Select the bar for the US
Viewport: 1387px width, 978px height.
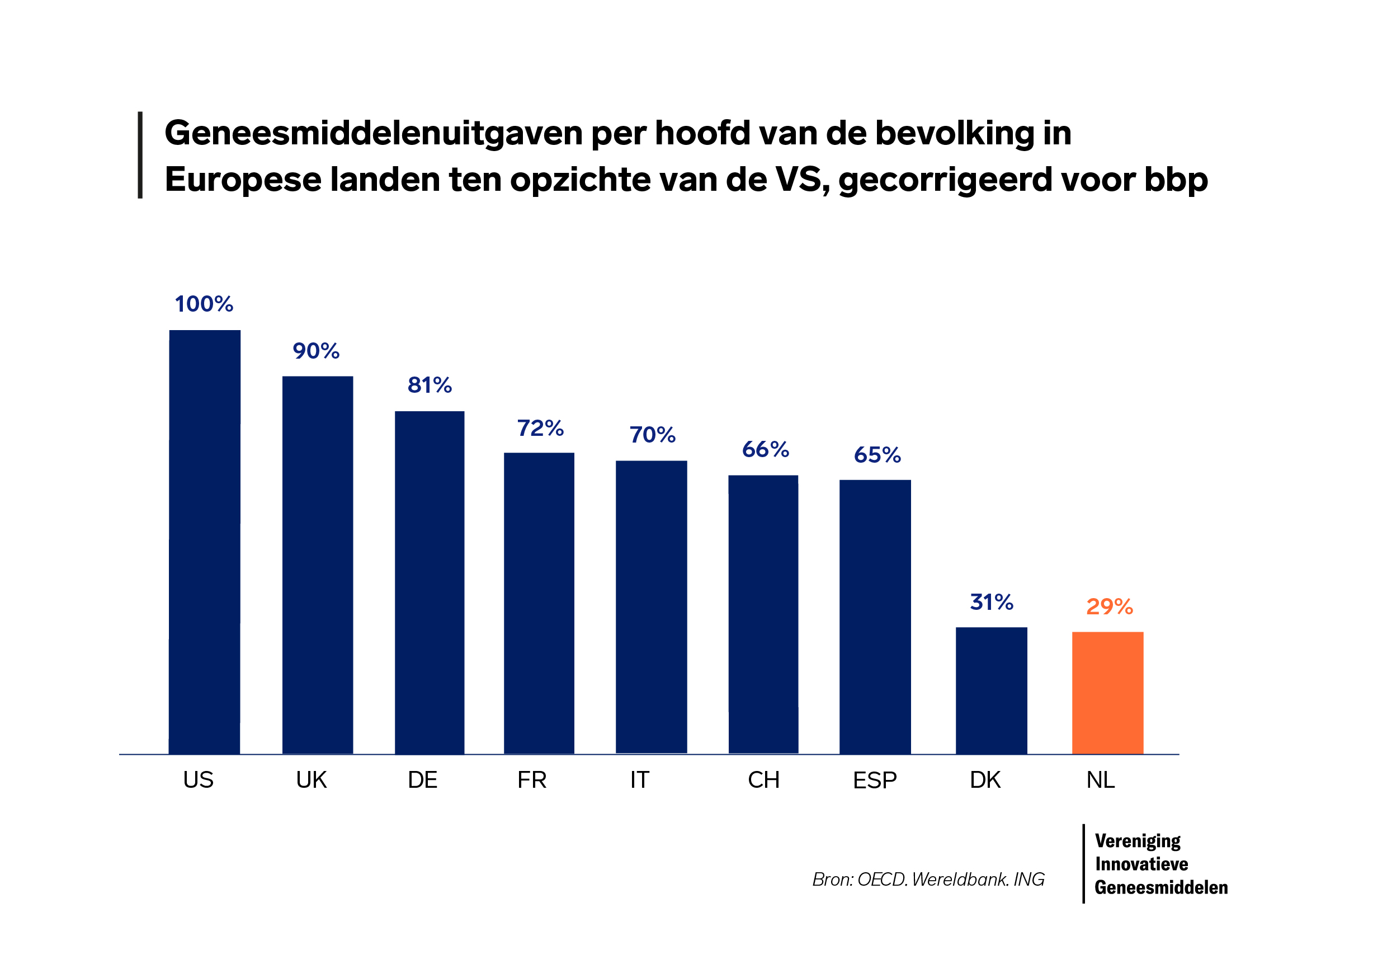point(204,542)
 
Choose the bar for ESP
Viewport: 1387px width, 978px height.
point(875,617)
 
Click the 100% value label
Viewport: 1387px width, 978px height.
point(204,304)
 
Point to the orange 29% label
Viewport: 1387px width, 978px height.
point(1109,607)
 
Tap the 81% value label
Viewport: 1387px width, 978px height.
point(430,385)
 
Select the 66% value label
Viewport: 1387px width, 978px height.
point(766,450)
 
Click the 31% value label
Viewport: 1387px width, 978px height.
point(992,602)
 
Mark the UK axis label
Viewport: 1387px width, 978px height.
point(311,780)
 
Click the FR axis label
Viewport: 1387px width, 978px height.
point(532,780)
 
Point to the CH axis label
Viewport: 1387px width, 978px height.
point(763,780)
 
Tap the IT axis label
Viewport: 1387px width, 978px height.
point(639,780)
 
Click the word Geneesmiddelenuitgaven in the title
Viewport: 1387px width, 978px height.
point(372,134)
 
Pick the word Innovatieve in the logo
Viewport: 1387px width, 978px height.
point(1141,864)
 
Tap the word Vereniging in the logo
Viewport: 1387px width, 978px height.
point(1138,841)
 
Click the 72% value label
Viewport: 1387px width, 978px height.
point(540,429)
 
